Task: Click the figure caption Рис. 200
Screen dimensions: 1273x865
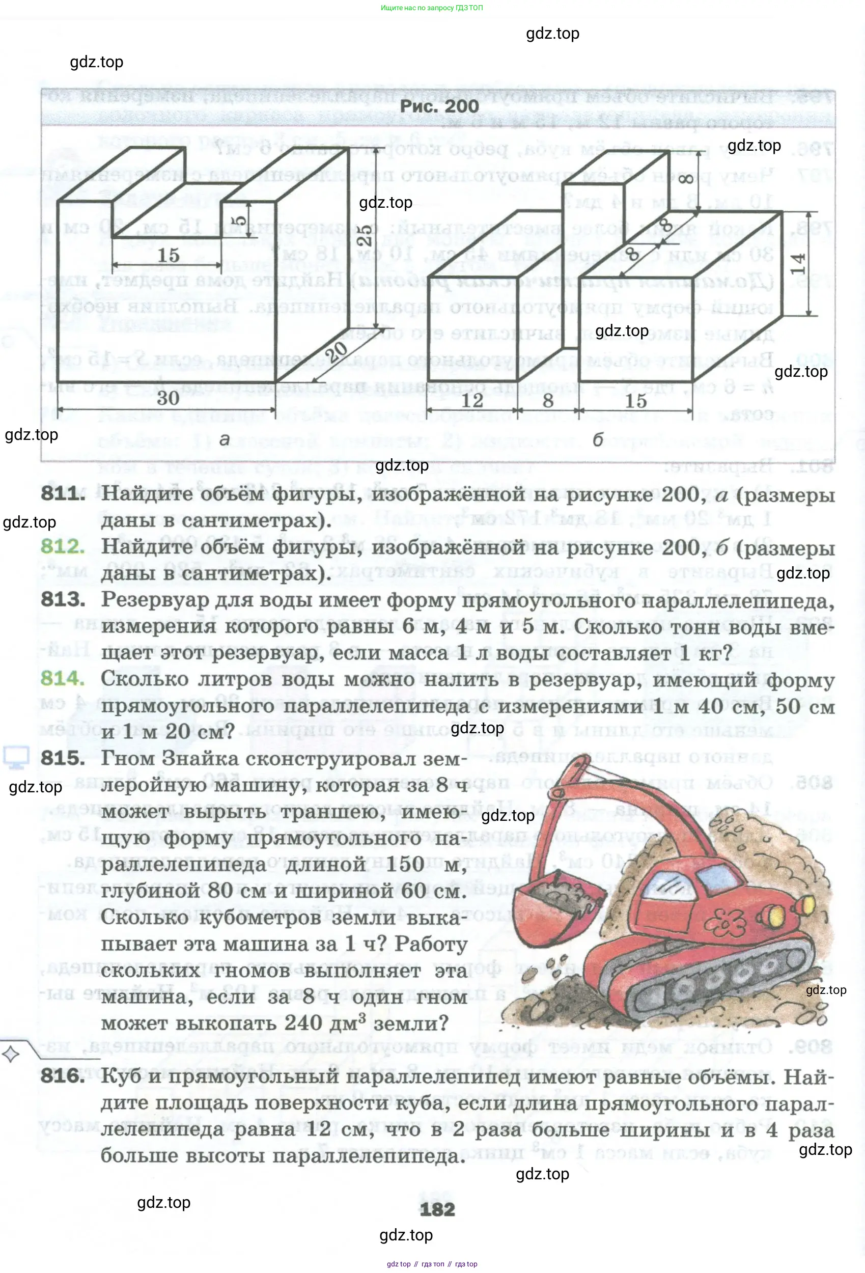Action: click(439, 106)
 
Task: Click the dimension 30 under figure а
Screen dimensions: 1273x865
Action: click(168, 398)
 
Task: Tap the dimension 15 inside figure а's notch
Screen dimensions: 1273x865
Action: click(168, 255)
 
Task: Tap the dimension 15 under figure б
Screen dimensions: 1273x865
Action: click(635, 400)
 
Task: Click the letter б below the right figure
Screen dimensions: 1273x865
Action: click(598, 439)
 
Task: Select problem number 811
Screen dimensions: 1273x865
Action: click(63, 493)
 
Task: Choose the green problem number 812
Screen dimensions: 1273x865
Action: click(63, 547)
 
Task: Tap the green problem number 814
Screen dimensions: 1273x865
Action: click(63, 679)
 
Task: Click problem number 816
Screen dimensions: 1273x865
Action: click(63, 1076)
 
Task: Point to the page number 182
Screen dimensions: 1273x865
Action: click(437, 1209)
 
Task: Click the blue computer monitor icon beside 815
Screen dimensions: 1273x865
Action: click(16, 757)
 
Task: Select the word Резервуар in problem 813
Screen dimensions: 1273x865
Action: click(154, 600)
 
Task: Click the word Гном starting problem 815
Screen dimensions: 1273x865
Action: click(128, 758)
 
